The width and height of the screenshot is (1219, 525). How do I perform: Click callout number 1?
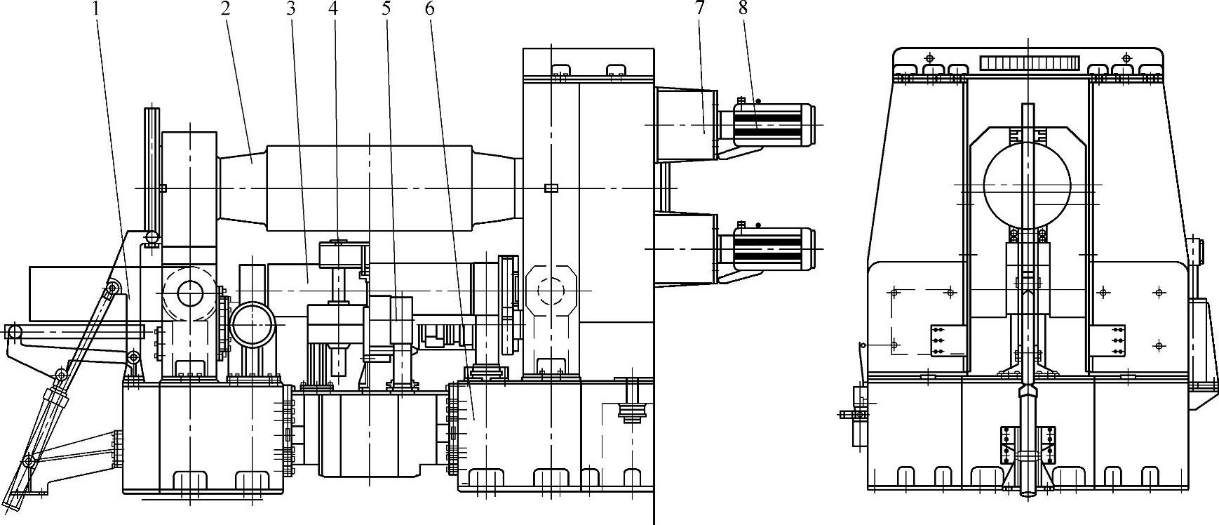(97, 9)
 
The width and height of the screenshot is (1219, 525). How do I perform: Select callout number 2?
(226, 9)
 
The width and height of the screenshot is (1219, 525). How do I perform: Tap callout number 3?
(290, 9)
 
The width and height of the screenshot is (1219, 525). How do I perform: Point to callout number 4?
(334, 9)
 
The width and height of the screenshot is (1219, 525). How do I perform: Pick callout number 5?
(386, 9)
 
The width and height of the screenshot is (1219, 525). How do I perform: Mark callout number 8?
(743, 9)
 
